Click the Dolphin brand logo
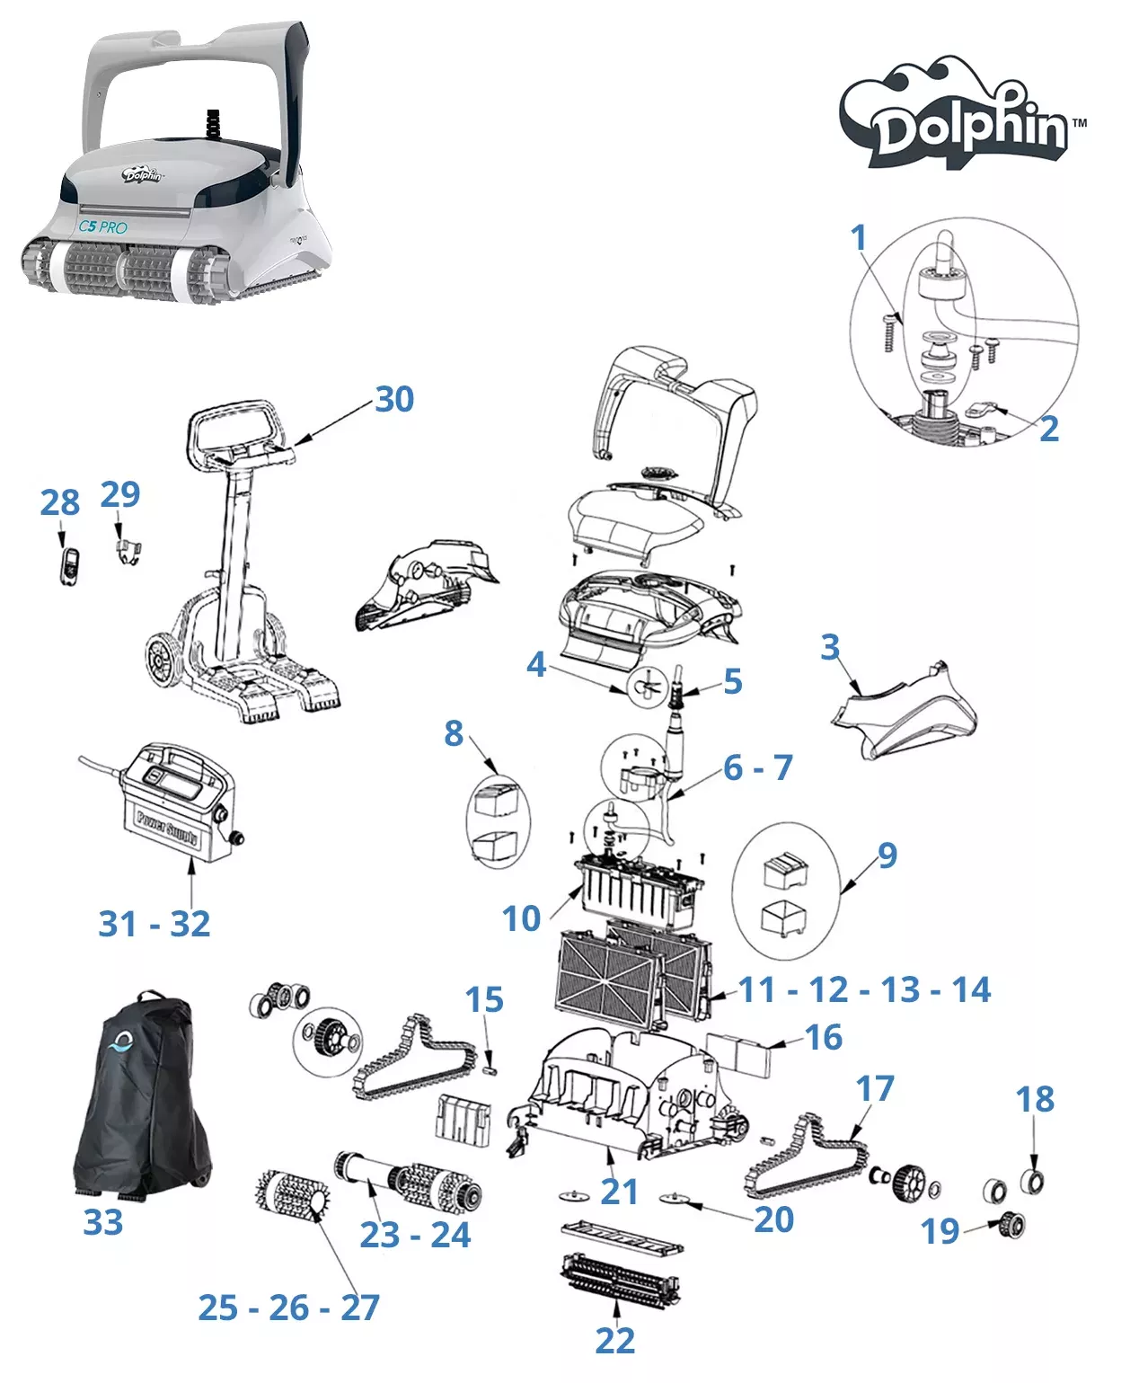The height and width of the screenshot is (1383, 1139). pos(963,117)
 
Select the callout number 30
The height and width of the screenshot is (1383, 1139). pos(394,400)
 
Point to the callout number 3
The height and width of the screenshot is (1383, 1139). pos(830,647)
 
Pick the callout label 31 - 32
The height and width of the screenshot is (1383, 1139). pos(155,924)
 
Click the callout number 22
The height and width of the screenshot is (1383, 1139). pos(614,1341)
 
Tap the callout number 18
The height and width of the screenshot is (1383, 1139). pos(1035,1099)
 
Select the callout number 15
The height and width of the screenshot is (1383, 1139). pos(484,1000)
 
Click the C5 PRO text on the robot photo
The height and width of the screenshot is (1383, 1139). pos(102,226)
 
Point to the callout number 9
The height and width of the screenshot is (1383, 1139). pos(887,856)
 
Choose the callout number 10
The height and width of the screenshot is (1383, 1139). pos(521,918)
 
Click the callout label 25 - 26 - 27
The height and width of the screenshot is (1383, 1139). pos(289,1308)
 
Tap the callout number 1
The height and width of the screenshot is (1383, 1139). pos(859,238)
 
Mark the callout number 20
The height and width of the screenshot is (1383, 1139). pos(774,1219)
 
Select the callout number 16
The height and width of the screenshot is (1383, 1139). pos(824,1037)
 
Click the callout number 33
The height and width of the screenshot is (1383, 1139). pos(102,1222)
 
